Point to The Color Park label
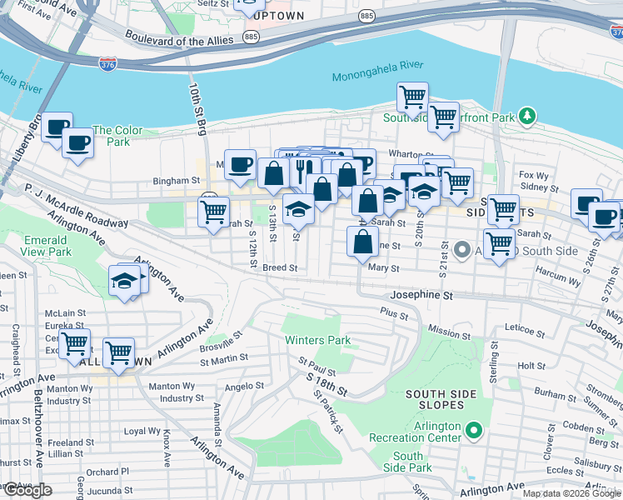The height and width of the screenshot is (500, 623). pyautogui.click(x=117, y=136)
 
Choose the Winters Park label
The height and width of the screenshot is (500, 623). pyautogui.click(x=317, y=340)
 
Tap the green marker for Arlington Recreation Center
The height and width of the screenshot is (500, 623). pyautogui.click(x=474, y=431)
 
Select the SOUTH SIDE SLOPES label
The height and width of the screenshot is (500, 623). pyautogui.click(x=441, y=399)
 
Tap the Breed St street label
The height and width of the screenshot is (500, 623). pyautogui.click(x=280, y=268)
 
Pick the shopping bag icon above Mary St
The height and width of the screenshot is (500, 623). pyautogui.click(x=362, y=242)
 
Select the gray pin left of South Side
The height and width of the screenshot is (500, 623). pyautogui.click(x=463, y=249)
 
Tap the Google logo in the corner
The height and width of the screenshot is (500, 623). pyautogui.click(x=27, y=490)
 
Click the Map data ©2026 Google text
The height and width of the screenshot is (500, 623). pyautogui.click(x=571, y=493)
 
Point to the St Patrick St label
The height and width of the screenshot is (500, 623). pyautogui.click(x=328, y=412)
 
